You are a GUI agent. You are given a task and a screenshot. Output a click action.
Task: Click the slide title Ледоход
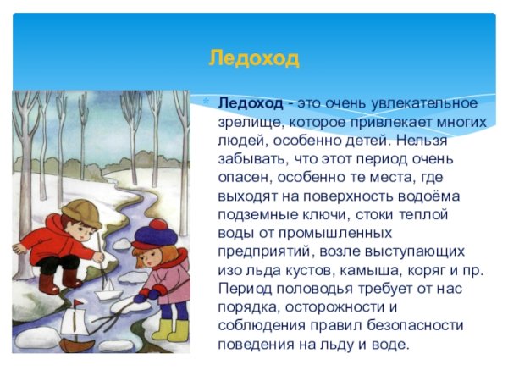pyautogui.click(x=254, y=59)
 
